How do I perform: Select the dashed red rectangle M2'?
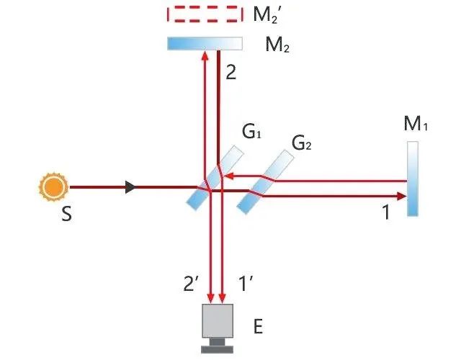(205, 14)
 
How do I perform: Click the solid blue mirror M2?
(205, 44)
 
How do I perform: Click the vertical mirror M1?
(412, 179)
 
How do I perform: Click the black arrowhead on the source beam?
(130, 188)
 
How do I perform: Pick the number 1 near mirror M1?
(385, 214)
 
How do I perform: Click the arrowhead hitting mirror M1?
(401, 194)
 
